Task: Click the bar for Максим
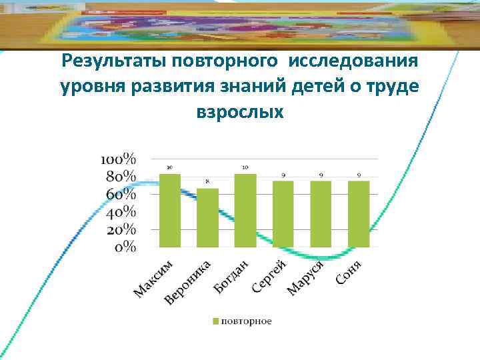170,210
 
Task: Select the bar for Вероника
207,217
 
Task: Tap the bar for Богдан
245,210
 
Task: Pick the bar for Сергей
283,213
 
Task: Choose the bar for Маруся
321,213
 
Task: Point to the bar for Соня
359,213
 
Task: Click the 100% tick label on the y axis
118,159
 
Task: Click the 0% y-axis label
125,247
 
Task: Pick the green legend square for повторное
215,321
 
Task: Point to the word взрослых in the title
240,111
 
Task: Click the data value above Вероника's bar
207,181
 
